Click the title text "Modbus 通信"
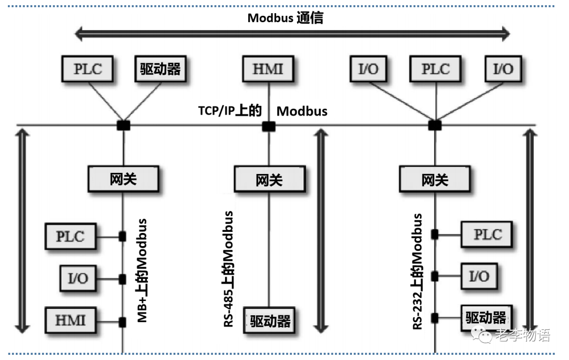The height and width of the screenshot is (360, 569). coord(285,18)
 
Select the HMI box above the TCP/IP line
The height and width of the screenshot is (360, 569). coord(268,69)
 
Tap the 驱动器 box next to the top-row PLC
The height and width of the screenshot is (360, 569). coord(161,69)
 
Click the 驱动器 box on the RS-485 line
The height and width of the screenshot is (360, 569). coord(270,320)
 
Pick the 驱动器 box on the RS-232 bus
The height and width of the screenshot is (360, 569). coord(486,317)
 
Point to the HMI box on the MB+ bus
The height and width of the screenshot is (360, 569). coord(70,320)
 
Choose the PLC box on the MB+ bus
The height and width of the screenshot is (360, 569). coord(71,236)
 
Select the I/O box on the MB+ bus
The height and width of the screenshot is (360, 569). coord(78,278)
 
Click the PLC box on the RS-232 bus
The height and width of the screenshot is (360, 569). coord(487,234)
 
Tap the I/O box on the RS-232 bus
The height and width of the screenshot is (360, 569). coord(479,276)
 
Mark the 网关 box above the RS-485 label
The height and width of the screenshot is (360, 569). coord(270,179)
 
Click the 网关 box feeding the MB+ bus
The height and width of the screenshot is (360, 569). coord(123,179)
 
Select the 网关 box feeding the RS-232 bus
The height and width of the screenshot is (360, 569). coord(435,179)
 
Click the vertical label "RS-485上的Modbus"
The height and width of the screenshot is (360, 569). coord(229,269)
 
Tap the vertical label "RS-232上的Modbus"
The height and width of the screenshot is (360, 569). coord(417,271)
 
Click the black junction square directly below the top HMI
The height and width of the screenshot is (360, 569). coord(269,126)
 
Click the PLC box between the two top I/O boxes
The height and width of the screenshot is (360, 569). coord(436,69)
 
